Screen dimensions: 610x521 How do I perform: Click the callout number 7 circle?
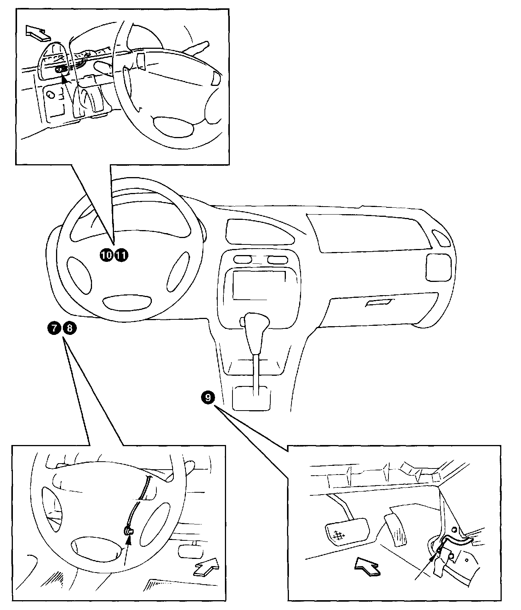(x=54, y=328)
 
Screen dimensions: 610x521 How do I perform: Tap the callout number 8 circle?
(x=69, y=328)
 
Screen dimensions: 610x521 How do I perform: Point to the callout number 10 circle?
(x=106, y=255)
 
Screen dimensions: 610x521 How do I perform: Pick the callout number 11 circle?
(x=121, y=255)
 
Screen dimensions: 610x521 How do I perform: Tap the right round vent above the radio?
(x=278, y=260)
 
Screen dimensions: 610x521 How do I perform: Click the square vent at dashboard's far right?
(x=438, y=267)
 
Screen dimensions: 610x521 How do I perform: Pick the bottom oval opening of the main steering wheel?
(x=127, y=302)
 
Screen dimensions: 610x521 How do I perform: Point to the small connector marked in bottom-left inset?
(x=129, y=532)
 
